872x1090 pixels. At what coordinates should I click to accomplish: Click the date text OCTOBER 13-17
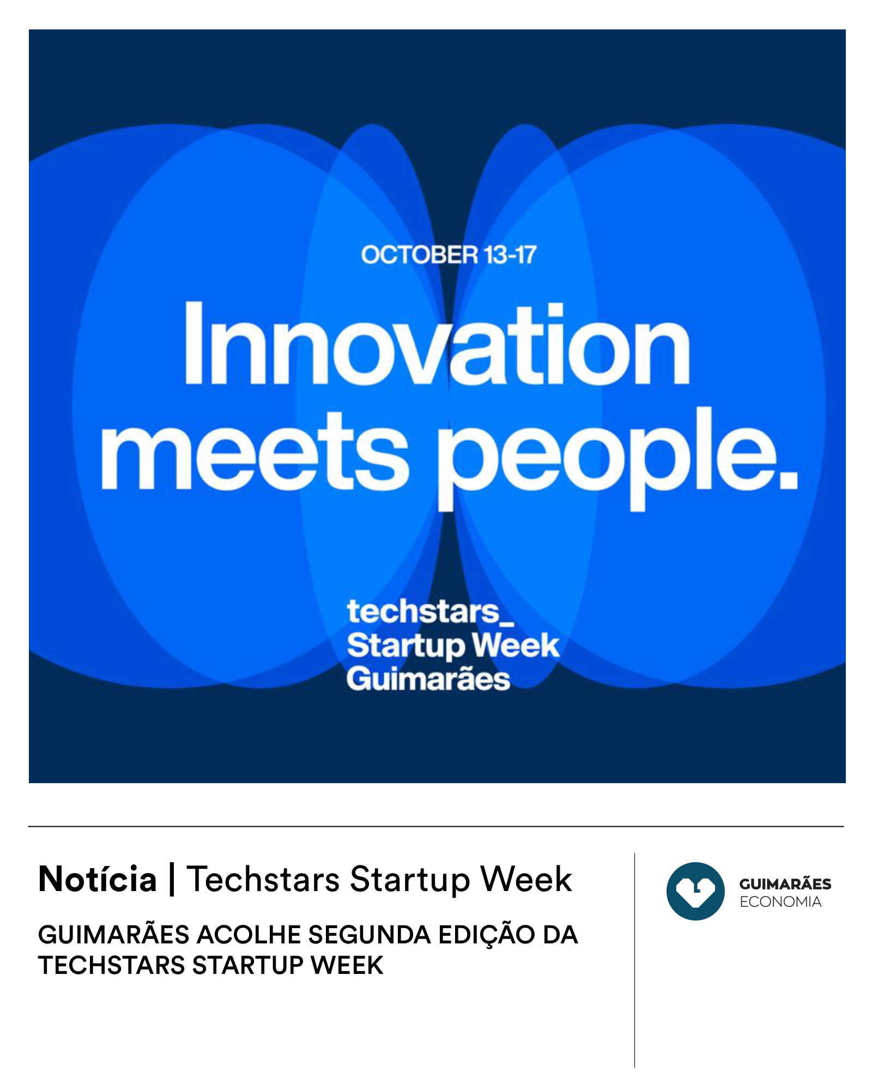(x=449, y=255)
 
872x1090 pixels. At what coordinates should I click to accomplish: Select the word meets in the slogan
(x=255, y=451)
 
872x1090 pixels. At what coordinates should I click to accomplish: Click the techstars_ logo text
(x=430, y=612)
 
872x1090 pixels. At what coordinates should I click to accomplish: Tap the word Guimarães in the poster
(x=428, y=679)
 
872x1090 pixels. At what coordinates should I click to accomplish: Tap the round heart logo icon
(x=695, y=891)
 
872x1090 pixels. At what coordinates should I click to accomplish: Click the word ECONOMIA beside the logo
(x=780, y=902)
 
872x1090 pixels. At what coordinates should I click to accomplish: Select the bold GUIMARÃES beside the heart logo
(x=785, y=883)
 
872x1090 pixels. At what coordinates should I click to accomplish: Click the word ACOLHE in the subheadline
(x=249, y=935)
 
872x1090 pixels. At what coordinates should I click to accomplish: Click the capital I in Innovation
(x=194, y=343)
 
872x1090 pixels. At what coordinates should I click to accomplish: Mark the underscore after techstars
(x=507, y=623)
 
